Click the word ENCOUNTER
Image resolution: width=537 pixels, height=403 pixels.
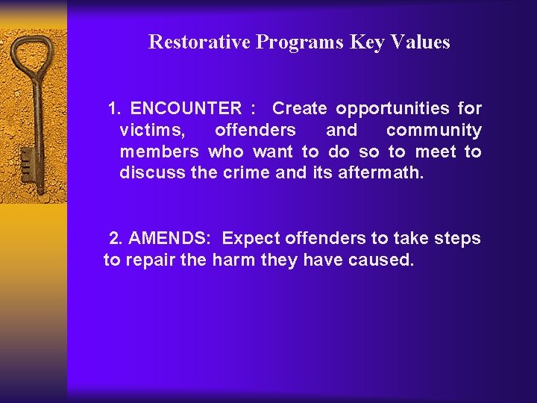(186, 108)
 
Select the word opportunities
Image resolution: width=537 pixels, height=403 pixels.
(392, 108)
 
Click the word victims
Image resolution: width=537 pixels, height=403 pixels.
(149, 130)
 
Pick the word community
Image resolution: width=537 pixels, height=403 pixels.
(433, 130)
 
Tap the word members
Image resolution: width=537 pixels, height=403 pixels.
(159, 151)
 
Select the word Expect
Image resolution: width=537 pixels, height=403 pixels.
(249, 239)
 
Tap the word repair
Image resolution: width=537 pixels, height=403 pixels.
(151, 260)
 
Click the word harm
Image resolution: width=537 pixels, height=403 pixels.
(235, 260)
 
